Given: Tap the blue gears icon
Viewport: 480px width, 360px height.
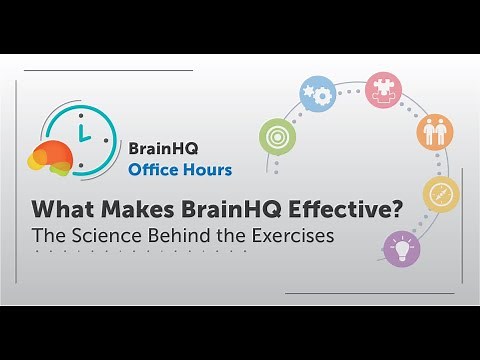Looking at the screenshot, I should (317, 93).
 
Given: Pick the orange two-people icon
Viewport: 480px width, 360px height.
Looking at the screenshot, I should (435, 131).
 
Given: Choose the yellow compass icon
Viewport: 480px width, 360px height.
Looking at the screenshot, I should (441, 194).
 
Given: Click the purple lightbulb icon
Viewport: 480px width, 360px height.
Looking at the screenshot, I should (401, 246).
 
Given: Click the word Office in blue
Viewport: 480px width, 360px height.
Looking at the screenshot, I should (152, 169).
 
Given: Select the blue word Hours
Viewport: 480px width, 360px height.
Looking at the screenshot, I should (206, 169).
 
